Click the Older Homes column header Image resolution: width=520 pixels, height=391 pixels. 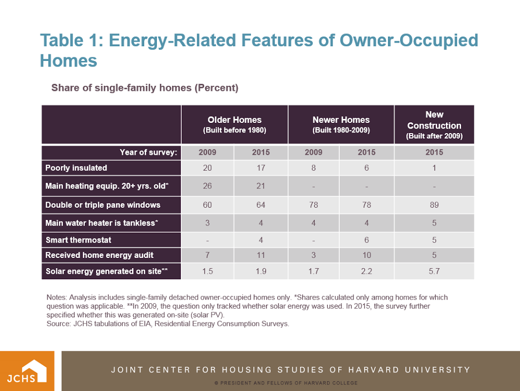[235, 124]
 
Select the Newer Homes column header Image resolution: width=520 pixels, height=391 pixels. [341, 124]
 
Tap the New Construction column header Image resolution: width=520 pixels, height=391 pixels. [434, 125]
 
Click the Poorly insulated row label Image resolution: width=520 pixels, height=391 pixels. [76, 168]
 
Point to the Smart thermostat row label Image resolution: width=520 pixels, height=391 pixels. [78, 240]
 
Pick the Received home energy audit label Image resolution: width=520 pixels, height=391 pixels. [99, 255]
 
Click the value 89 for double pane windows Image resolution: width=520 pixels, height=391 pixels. [434, 205]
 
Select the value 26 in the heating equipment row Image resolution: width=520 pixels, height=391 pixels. [207, 186]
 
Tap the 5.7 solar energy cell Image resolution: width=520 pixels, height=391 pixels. [434, 271]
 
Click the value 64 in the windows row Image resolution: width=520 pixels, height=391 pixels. [261, 205]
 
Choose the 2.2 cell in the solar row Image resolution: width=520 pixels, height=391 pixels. [367, 271]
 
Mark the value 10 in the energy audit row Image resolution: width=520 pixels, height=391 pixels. [367, 255]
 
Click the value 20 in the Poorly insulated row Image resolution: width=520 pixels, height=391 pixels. [207, 168]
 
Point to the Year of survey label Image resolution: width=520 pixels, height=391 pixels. [148, 152]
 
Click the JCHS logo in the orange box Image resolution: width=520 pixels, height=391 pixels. [27, 371]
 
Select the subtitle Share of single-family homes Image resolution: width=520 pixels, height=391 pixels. [145, 88]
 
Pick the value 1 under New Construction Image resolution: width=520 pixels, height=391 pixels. [434, 168]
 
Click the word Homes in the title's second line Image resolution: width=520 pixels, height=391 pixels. [69, 61]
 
